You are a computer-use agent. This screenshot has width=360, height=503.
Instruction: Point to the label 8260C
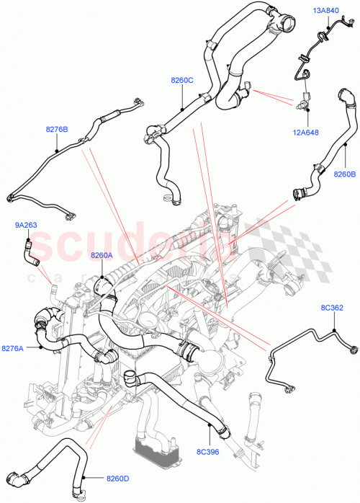pos(181,81)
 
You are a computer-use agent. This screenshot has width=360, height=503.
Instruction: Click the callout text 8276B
pos(56,130)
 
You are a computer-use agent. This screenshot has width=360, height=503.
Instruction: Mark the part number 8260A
pos(102,255)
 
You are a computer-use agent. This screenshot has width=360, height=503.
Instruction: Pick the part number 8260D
pos(117,477)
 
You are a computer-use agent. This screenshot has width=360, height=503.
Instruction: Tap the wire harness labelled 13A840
pos(306,54)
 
